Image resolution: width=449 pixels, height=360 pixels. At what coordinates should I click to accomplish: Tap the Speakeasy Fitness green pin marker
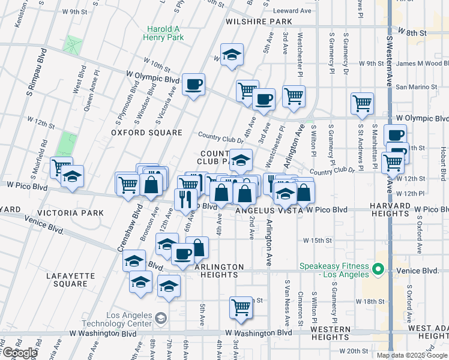pyautogui.click(x=378, y=269)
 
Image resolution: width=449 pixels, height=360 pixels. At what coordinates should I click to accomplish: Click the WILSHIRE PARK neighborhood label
pyautogui.click(x=259, y=22)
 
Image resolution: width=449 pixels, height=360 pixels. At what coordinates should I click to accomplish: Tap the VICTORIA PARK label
pyautogui.click(x=70, y=213)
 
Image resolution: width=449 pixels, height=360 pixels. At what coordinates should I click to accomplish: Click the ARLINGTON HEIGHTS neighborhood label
pyautogui.click(x=219, y=271)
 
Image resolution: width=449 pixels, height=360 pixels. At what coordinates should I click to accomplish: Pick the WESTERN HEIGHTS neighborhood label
pyautogui.click(x=331, y=333)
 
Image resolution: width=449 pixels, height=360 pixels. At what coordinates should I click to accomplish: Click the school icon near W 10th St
pyautogui.click(x=231, y=55)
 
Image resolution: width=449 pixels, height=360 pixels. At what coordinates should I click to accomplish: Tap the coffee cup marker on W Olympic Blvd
pyautogui.click(x=193, y=85)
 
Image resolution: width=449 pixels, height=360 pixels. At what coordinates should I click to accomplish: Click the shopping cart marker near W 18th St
pyautogui.click(x=241, y=307)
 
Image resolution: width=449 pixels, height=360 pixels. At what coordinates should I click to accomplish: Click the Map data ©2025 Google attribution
pyautogui.click(x=411, y=355)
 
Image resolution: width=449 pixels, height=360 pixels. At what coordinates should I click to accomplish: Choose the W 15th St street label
pyautogui.click(x=318, y=240)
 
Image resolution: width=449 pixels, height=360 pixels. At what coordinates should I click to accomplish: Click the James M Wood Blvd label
pyautogui.click(x=423, y=64)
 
